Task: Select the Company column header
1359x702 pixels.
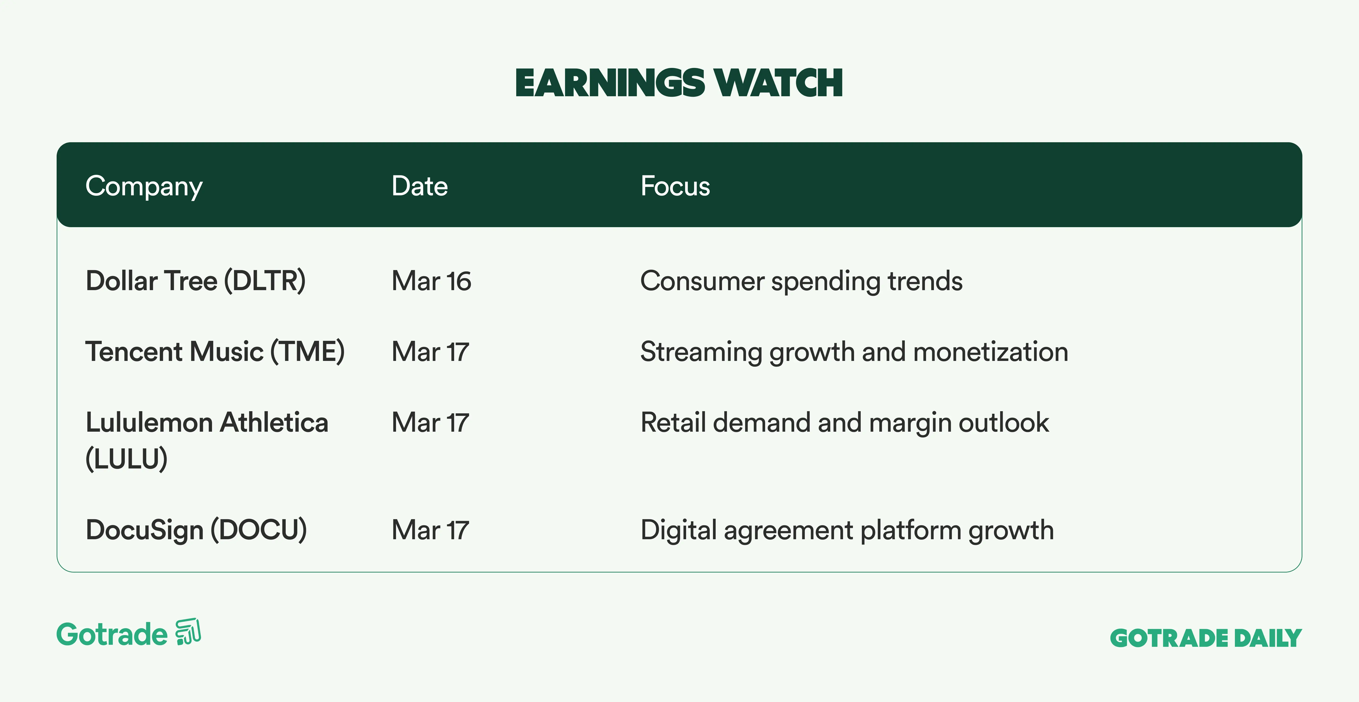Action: [x=144, y=186]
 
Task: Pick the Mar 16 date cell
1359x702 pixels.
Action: [x=431, y=281]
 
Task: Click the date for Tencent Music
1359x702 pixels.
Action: [x=430, y=352]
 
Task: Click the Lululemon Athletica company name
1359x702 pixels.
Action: [x=207, y=422]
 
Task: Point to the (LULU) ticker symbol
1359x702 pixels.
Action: [x=127, y=458]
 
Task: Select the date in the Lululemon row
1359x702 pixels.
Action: [x=430, y=422]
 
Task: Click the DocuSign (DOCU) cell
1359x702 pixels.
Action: [x=196, y=530]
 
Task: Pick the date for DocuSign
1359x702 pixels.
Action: [x=430, y=530]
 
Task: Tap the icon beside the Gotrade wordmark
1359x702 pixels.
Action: [x=188, y=631]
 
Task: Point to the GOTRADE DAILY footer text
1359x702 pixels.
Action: [x=1206, y=638]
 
